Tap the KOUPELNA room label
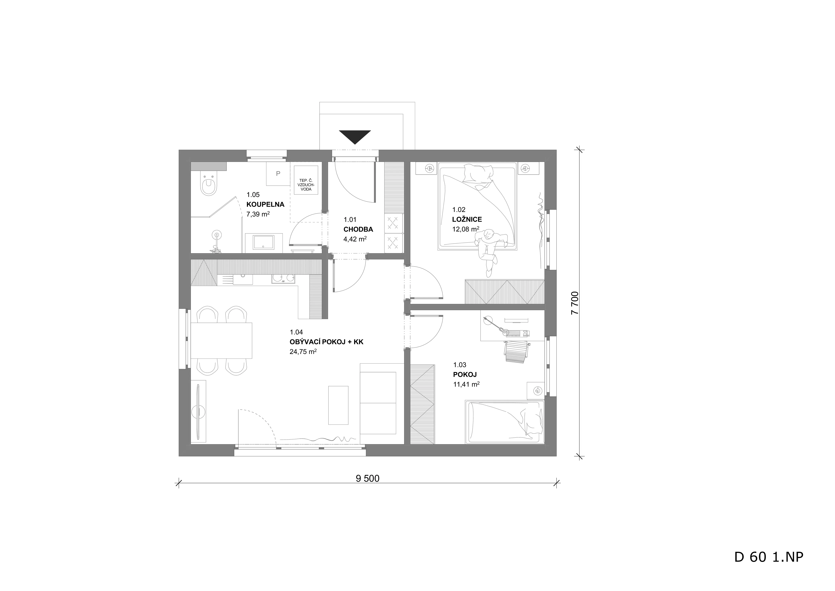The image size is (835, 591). [265, 205]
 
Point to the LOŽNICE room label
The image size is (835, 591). [467, 220]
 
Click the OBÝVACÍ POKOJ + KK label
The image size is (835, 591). [326, 342]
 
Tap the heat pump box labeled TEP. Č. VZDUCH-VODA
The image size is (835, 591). [305, 180]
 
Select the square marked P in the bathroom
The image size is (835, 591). [278, 174]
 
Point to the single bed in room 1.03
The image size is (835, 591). [505, 422]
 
